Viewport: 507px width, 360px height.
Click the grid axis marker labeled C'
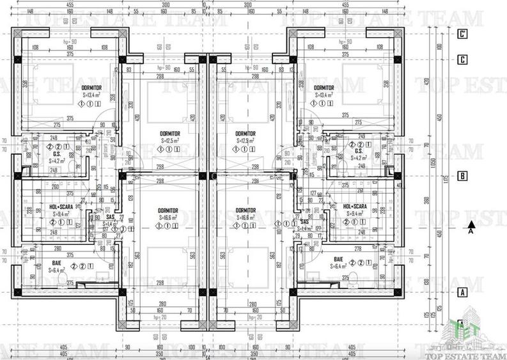coord(462,36)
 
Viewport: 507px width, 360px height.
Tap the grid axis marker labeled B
coord(462,176)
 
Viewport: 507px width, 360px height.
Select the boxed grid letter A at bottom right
coord(462,292)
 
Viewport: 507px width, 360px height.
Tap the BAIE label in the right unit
coord(339,259)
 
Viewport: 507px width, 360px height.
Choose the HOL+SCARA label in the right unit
coord(355,207)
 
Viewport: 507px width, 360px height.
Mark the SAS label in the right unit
coord(304,221)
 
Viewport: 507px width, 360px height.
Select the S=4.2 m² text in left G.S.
coord(58,161)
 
